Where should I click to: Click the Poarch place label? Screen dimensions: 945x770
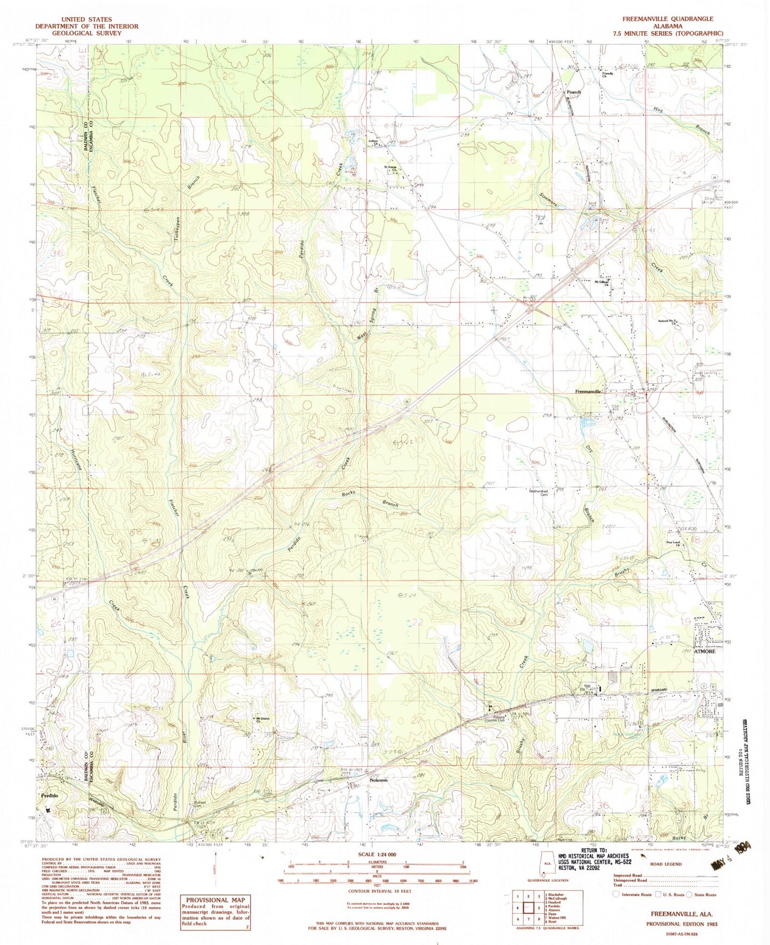point(573,92)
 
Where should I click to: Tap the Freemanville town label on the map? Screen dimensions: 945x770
point(588,392)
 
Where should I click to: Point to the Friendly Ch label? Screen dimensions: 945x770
point(607,75)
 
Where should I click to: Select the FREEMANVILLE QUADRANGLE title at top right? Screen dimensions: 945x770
point(667,19)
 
